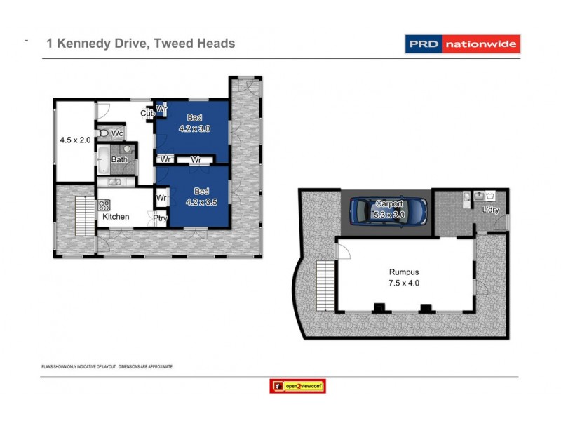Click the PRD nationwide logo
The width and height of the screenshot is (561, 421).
[x=462, y=44]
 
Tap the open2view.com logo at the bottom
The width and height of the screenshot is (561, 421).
[x=297, y=386]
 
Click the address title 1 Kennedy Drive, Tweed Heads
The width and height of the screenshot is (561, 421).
[x=140, y=44]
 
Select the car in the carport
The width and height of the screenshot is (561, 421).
[x=388, y=209]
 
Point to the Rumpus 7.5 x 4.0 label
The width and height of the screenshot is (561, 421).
[x=405, y=277]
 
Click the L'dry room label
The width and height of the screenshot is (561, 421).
[x=491, y=210]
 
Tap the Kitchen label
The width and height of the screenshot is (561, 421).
[x=116, y=217]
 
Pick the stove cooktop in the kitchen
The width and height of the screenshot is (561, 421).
[x=104, y=206]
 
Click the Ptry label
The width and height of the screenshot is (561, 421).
[x=161, y=218]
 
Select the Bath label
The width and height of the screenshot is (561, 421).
[x=119, y=160]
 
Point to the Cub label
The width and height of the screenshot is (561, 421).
[x=147, y=114]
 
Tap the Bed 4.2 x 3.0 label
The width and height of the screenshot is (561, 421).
[x=194, y=123]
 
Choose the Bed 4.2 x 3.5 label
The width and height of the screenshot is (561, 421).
[x=201, y=196]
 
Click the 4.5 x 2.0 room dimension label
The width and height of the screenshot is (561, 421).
[x=75, y=140]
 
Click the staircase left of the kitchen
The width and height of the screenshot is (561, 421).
[x=84, y=216]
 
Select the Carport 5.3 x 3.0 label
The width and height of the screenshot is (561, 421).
[x=389, y=209]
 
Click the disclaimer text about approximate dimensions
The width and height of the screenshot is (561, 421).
[x=107, y=366]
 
